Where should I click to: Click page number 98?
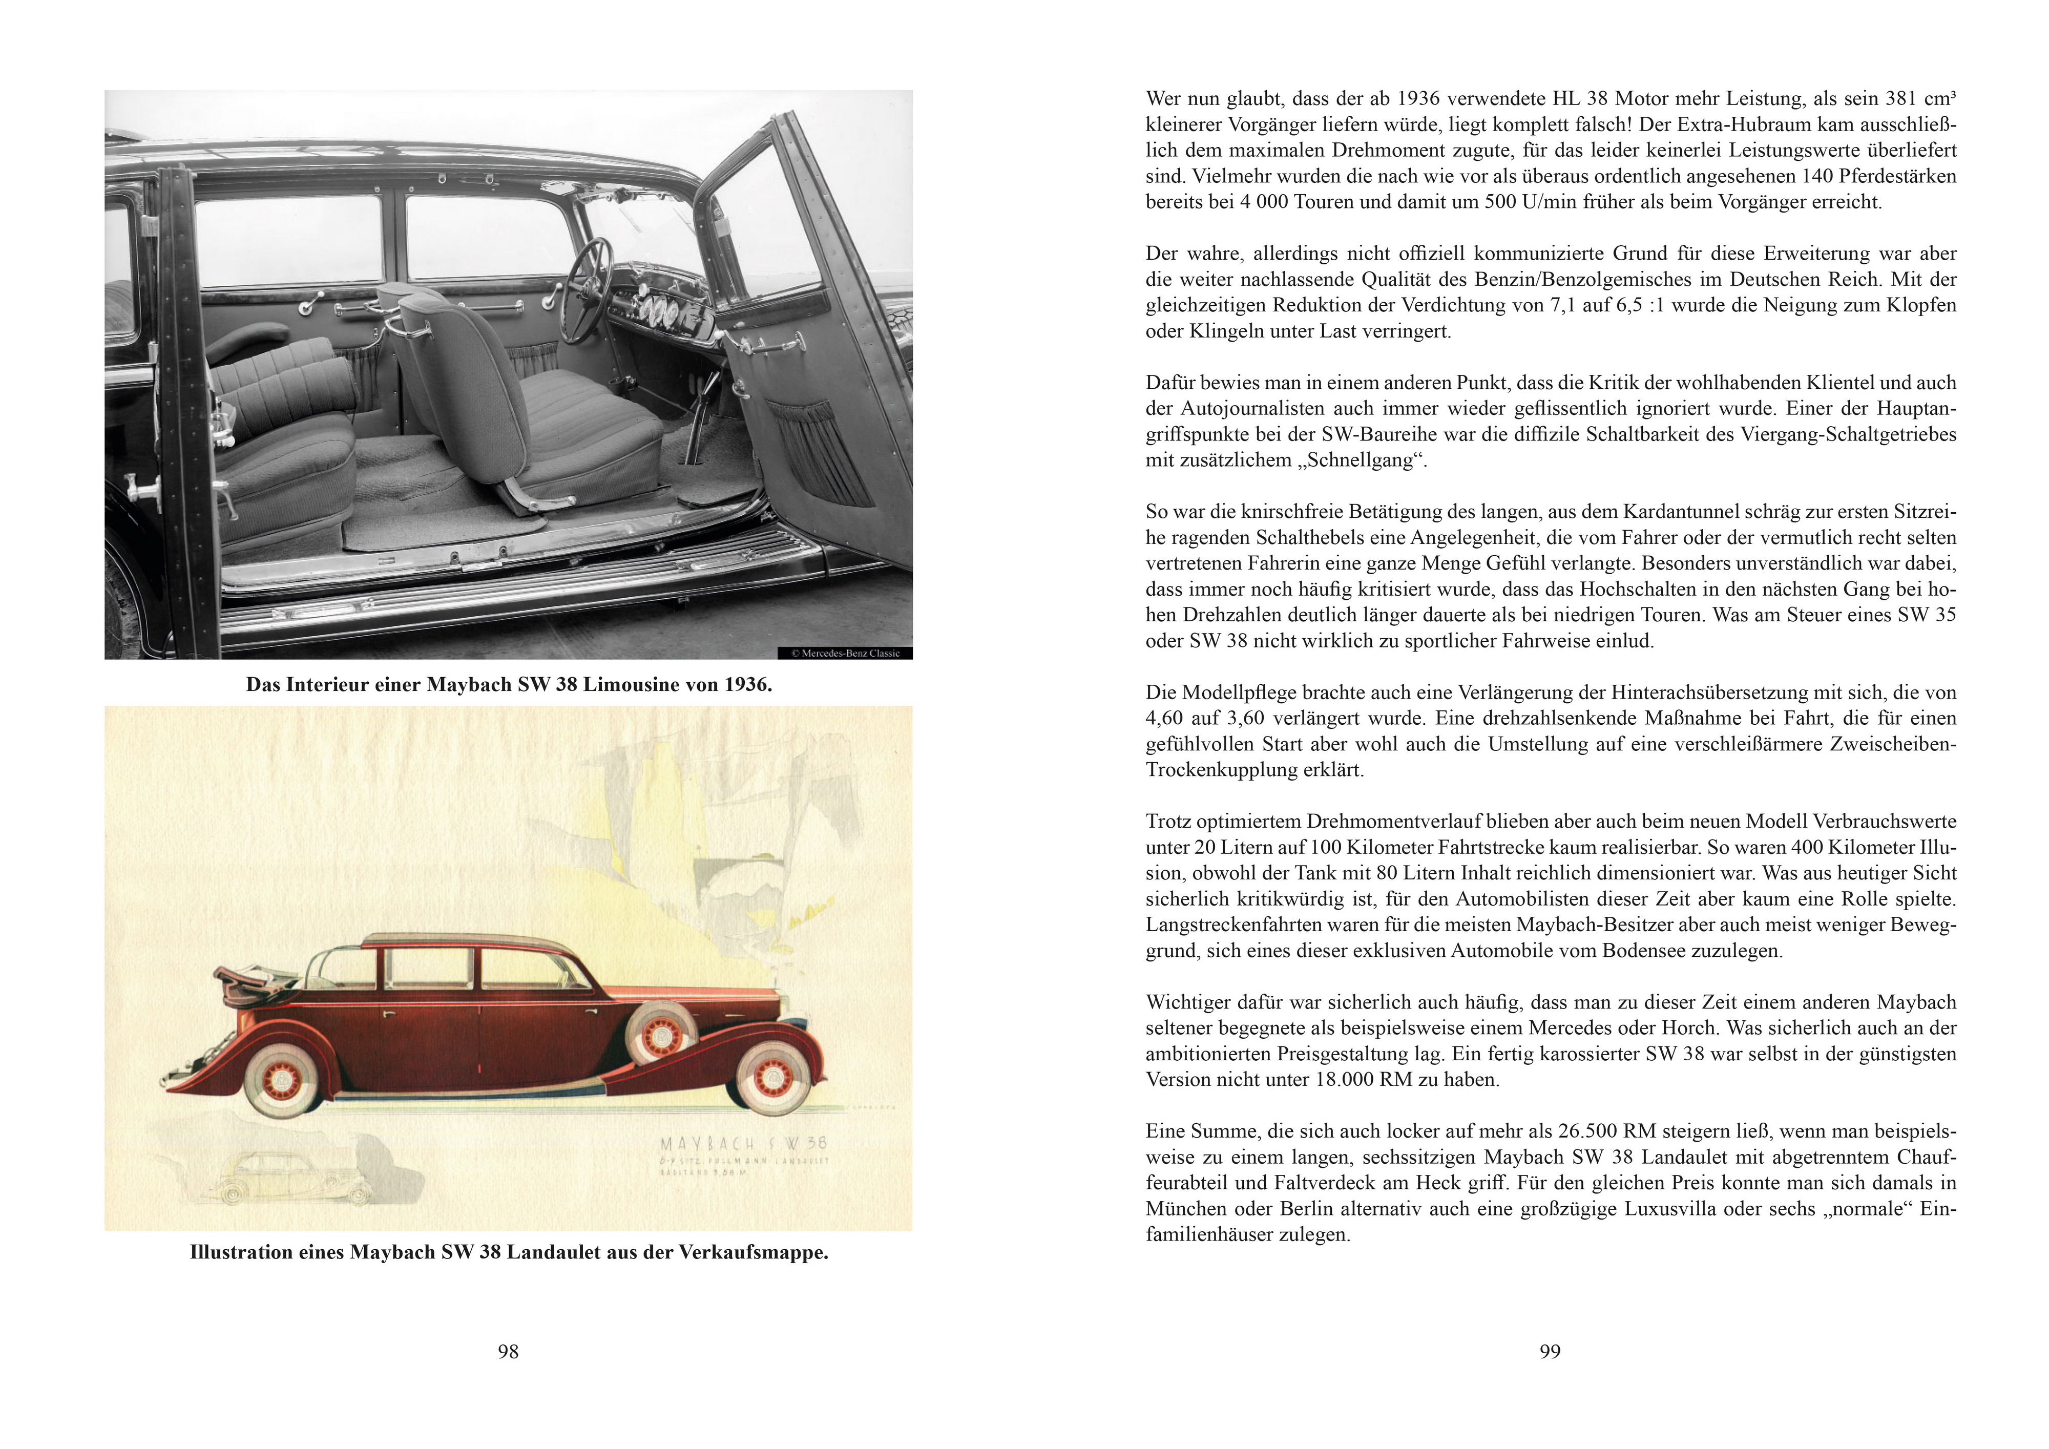tap(508, 1352)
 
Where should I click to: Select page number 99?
tap(1550, 1352)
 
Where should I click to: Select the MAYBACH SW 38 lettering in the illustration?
tap(742, 1143)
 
